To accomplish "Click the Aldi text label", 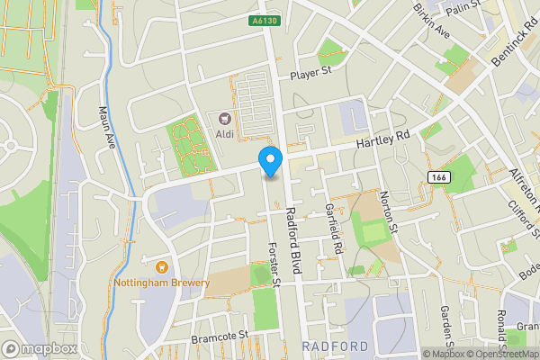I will click(x=225, y=134).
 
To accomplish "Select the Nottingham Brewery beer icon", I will click(x=162, y=266).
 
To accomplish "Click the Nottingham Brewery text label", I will click(x=162, y=283).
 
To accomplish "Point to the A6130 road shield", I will click(x=264, y=20).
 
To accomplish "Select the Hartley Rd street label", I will click(x=382, y=139).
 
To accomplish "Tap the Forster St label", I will click(x=274, y=265).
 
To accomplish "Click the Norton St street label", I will click(x=387, y=210).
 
